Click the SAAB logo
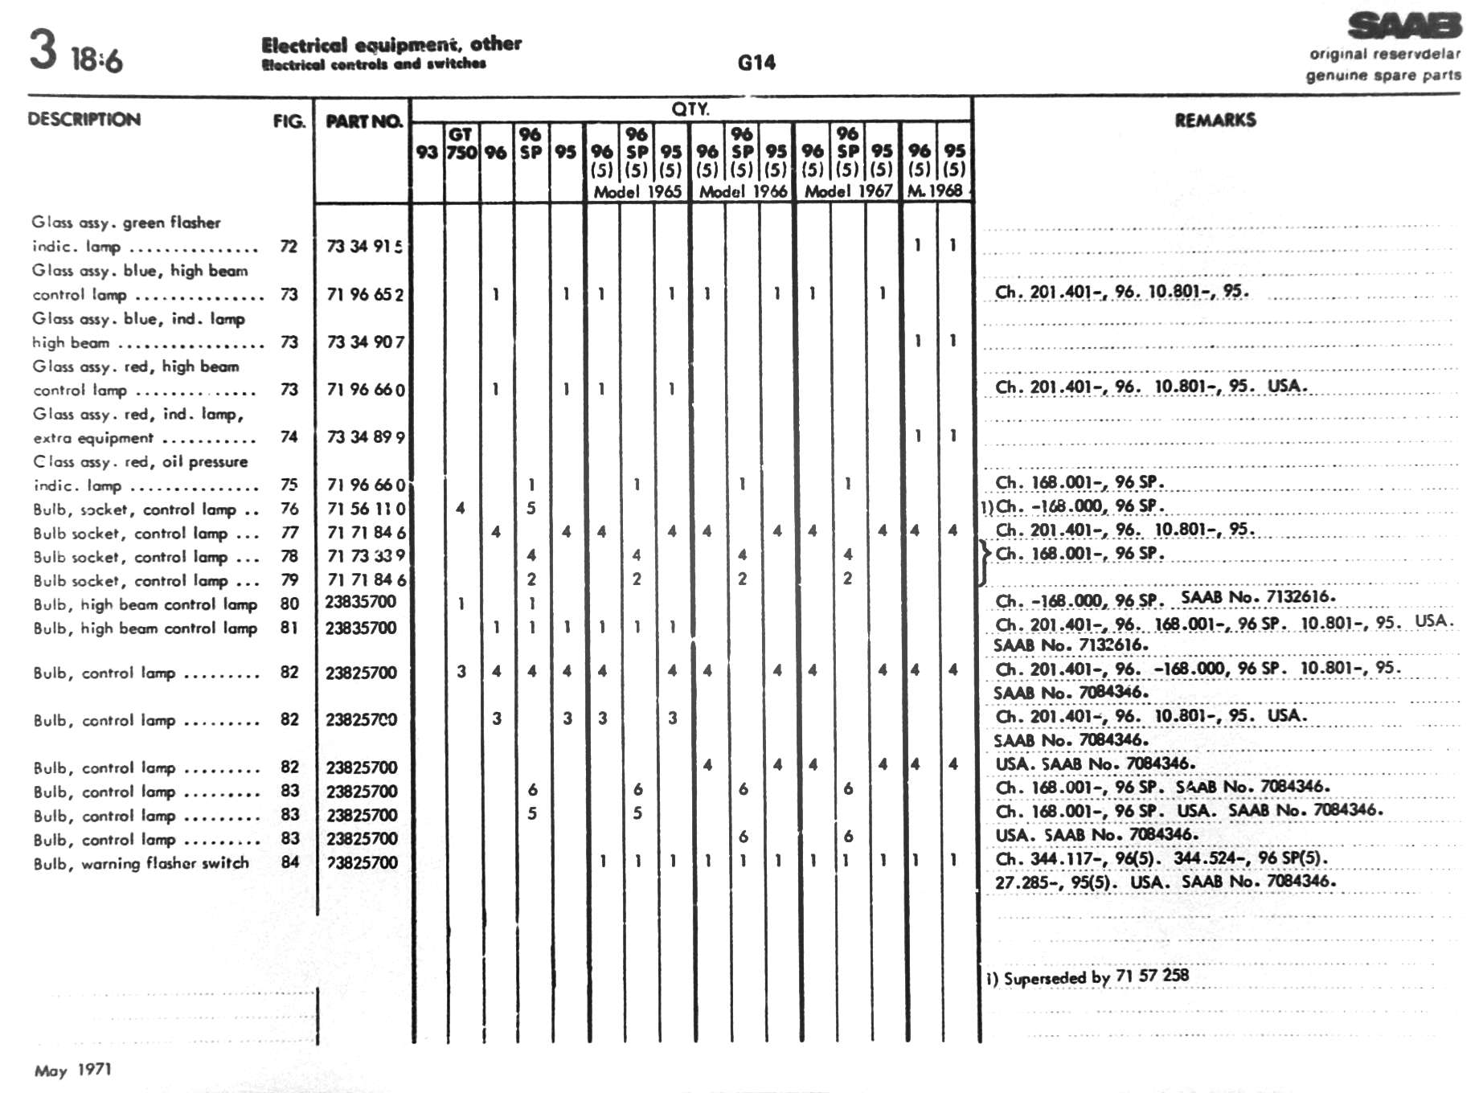pyautogui.click(x=1403, y=26)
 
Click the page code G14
pyautogui.click(x=756, y=63)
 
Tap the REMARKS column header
pyautogui.click(x=1215, y=121)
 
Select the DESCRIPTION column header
pyautogui.click(x=84, y=120)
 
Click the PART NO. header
pyautogui.click(x=363, y=121)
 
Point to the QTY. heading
pyautogui.click(x=690, y=108)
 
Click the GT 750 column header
pyautogui.click(x=461, y=143)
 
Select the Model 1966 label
pyautogui.click(x=743, y=191)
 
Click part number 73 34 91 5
pyautogui.click(x=365, y=246)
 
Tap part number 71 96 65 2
pyautogui.click(x=365, y=294)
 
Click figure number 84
pyautogui.click(x=290, y=862)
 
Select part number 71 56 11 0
pyautogui.click(x=366, y=508)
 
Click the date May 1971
pyautogui.click(x=73, y=1070)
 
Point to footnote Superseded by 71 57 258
pyautogui.click(x=1088, y=976)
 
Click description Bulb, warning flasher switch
pyautogui.click(x=141, y=863)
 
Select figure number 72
pyautogui.click(x=289, y=246)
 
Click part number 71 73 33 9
pyautogui.click(x=366, y=555)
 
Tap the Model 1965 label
pyautogui.click(x=637, y=191)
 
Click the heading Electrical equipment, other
pyautogui.click(x=391, y=44)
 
